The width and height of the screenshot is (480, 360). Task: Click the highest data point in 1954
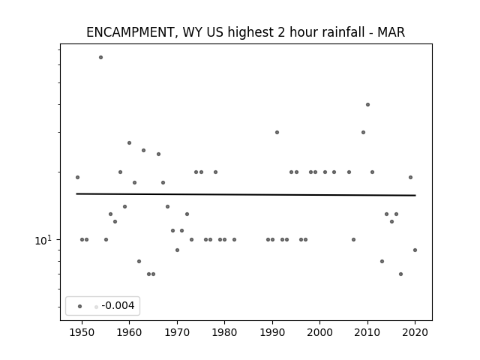100,57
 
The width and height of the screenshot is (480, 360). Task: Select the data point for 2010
367,105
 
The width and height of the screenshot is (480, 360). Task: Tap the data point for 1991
277,132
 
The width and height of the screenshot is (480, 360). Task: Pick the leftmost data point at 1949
77,177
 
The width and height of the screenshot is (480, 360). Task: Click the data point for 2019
410,177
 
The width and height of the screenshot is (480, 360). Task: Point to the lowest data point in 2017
400,274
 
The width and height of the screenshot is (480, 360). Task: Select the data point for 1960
129,143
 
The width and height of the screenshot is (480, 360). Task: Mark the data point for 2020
415,250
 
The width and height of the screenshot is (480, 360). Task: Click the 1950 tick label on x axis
82,332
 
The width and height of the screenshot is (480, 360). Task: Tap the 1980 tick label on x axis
224,332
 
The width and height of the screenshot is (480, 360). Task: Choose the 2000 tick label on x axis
320,332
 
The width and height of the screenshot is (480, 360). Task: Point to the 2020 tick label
415,332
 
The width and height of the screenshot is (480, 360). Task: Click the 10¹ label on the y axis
43,240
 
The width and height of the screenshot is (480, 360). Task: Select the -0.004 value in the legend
118,305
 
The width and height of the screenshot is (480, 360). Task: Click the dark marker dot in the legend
80,306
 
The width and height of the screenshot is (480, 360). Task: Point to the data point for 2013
382,261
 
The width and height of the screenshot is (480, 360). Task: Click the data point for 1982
234,239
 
